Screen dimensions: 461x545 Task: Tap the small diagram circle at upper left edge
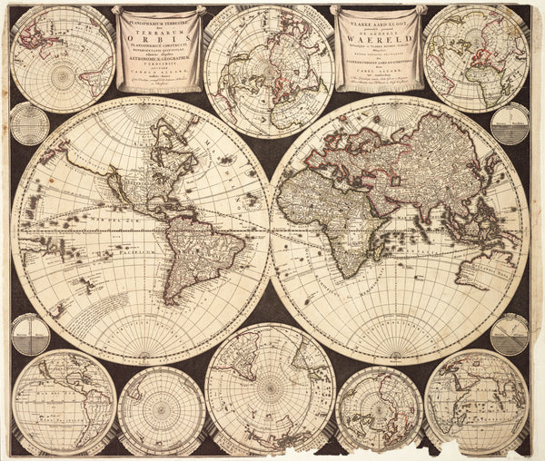29,123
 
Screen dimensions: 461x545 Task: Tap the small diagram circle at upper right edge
510,123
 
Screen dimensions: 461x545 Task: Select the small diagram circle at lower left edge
30,334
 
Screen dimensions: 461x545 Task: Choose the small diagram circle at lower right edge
510,334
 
